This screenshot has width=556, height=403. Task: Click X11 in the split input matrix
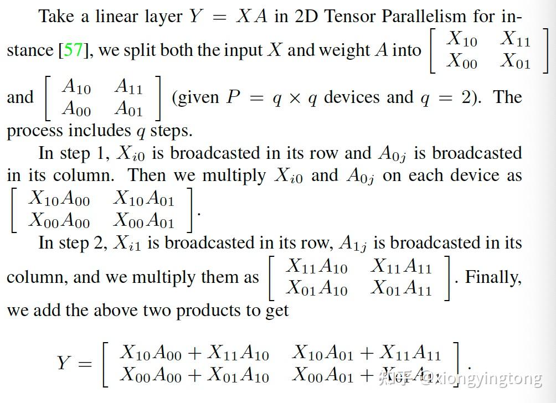point(515,39)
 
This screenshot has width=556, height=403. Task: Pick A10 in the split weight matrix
point(76,87)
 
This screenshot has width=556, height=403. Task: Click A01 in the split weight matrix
point(128,108)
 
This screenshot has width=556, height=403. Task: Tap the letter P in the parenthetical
point(234,98)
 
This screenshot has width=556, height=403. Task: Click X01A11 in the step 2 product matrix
point(401,288)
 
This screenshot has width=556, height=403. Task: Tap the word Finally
point(493,277)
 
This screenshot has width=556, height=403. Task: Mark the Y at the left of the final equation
point(64,364)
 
